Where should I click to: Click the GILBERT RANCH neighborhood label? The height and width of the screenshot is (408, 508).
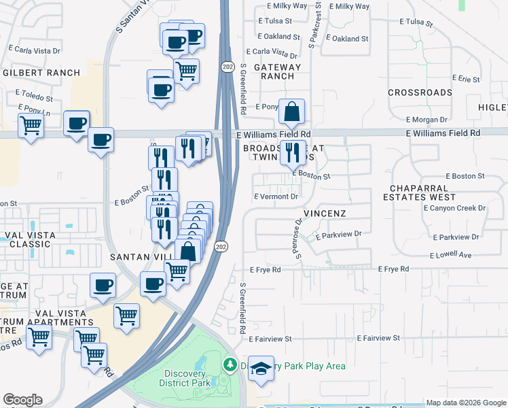click(41, 72)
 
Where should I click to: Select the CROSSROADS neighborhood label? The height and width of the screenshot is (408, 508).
click(420, 92)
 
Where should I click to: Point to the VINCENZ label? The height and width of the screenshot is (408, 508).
click(325, 214)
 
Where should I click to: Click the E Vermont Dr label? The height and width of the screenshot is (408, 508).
click(276, 197)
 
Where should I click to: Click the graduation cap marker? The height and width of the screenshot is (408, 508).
click(261, 369)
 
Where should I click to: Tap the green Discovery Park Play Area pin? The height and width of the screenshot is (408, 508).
click(230, 366)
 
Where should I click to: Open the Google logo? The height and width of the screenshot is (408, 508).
click(22, 400)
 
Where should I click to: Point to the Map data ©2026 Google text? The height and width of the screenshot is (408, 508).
click(466, 403)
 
